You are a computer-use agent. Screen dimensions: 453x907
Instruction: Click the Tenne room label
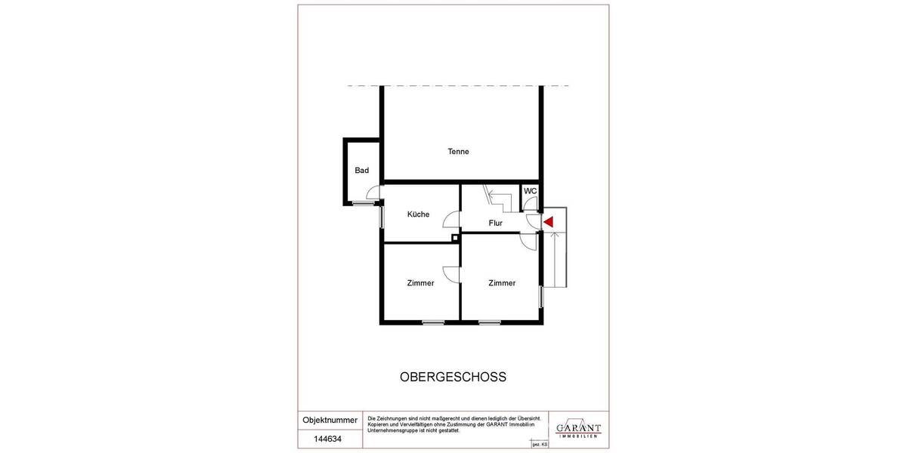click(x=458, y=152)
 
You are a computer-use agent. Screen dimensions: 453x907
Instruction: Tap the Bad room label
click(x=362, y=171)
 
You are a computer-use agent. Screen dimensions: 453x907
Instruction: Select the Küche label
click(x=418, y=214)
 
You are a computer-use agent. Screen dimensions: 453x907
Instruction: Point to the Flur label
click(x=496, y=223)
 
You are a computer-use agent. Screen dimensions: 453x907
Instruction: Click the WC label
click(x=531, y=191)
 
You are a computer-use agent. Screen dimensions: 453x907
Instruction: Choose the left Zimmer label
click(x=420, y=284)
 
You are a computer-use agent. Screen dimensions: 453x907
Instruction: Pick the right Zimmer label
click(x=502, y=284)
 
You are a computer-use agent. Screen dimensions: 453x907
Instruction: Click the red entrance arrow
click(x=549, y=222)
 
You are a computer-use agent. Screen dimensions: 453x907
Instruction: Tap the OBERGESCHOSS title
click(x=453, y=377)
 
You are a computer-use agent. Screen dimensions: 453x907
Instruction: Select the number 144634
click(x=328, y=437)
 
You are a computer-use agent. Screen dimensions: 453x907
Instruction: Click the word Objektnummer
click(x=330, y=420)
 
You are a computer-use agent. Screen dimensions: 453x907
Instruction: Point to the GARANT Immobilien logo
click(x=578, y=428)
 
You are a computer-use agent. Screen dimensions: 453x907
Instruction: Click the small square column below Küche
click(x=455, y=238)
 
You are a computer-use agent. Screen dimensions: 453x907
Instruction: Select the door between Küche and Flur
click(x=451, y=220)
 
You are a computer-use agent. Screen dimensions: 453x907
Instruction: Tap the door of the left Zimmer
click(x=450, y=274)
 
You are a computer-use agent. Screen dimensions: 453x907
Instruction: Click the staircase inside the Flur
click(x=497, y=200)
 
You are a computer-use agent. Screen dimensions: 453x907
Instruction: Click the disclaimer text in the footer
click(x=453, y=424)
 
